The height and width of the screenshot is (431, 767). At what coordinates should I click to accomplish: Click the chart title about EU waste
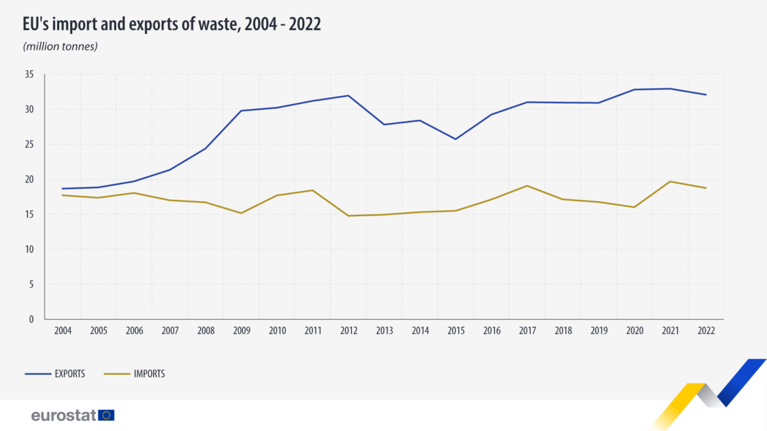tap(171, 25)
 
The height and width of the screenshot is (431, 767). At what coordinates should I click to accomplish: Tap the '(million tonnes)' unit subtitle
tap(60, 47)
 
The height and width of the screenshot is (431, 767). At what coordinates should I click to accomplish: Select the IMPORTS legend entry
tap(134, 374)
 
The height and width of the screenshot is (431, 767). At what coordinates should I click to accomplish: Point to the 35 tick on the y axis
tap(29, 75)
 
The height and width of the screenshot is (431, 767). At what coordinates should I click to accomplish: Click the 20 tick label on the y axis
tap(29, 179)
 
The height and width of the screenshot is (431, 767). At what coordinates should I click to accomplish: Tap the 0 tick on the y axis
tap(31, 320)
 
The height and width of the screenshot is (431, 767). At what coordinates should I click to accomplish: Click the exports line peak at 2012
tap(349, 96)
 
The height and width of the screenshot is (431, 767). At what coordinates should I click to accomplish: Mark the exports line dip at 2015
tap(456, 139)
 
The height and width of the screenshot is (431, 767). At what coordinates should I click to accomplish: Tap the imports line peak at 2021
tap(670, 181)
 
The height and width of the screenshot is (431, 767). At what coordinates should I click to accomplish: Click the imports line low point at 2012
tap(349, 216)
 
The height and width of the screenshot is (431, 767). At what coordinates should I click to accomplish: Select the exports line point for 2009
tap(241, 111)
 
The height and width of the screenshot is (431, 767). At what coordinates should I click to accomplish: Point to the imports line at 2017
tap(527, 185)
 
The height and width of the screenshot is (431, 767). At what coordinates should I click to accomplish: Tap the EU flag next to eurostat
tap(106, 415)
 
